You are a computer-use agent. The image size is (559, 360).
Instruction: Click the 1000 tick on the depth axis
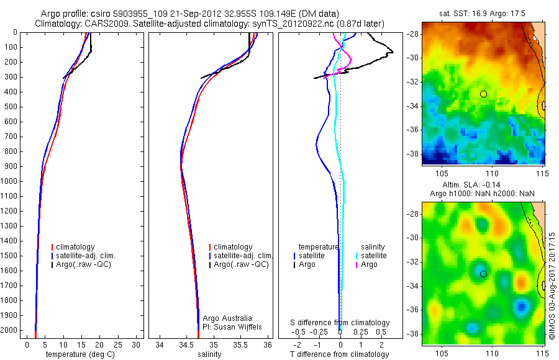click(x=13, y=181)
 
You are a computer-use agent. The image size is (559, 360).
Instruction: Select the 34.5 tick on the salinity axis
click(x=186, y=344)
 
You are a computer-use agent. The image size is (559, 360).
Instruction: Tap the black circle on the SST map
click(x=483, y=94)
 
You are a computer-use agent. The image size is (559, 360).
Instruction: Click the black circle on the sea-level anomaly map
click(x=483, y=274)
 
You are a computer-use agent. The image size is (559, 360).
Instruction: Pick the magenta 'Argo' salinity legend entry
click(x=369, y=264)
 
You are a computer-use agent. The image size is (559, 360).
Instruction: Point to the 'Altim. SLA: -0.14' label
click(x=482, y=186)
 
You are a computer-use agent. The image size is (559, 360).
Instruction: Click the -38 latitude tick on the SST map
click(x=413, y=153)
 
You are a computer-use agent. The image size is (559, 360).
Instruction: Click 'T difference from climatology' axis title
click(x=339, y=354)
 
